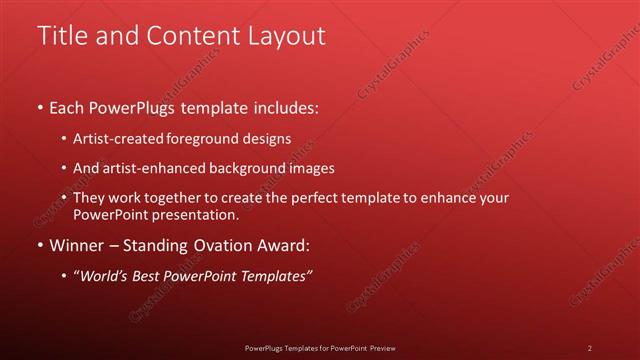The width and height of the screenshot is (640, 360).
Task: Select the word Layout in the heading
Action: (289, 36)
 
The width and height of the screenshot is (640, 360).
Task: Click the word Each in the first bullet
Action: (67, 107)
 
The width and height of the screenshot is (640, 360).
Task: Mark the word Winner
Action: (76, 245)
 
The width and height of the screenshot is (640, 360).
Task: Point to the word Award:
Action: (282, 245)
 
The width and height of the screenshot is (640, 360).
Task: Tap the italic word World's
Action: (105, 276)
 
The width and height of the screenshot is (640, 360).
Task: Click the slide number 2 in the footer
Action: (590, 348)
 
